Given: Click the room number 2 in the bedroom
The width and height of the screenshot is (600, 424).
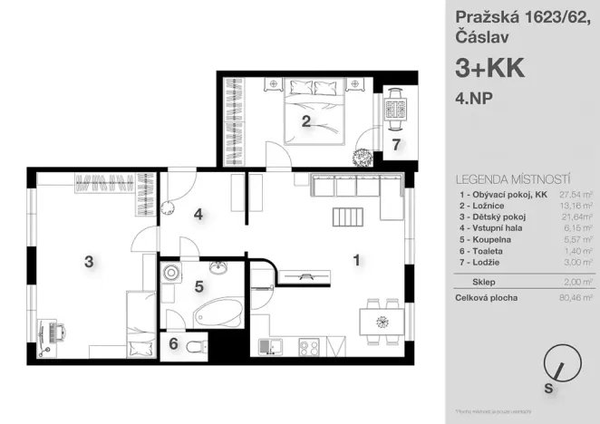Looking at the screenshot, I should coord(306,122).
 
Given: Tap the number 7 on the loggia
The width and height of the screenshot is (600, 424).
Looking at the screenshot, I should coord(396,143).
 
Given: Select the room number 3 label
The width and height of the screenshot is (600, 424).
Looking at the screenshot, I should coord(89,262).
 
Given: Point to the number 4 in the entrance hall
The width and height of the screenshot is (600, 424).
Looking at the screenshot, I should coord(198,215).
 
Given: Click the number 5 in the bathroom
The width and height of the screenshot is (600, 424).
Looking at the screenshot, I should coord(198,287).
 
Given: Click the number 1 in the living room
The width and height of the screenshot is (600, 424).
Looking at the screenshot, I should coord(357,260).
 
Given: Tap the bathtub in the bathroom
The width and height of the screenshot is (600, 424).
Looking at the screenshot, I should coord(218,315).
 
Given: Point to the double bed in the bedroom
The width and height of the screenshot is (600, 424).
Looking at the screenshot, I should coord(311,113).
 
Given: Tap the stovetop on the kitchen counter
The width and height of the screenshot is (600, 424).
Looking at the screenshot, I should coord(307,347).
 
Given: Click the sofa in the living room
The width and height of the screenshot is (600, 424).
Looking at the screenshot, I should coord(356,187).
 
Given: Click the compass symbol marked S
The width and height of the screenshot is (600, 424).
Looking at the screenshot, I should coord(557,372).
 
